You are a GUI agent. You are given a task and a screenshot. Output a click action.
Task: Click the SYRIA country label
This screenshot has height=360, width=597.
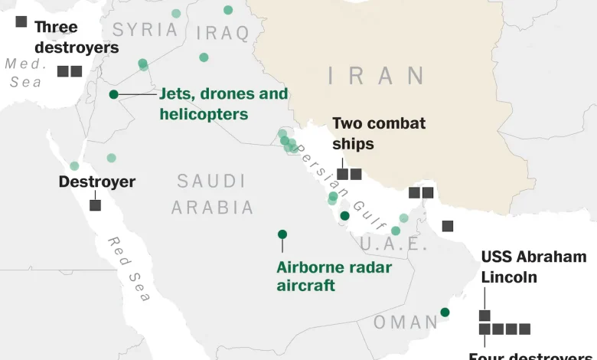[145, 31]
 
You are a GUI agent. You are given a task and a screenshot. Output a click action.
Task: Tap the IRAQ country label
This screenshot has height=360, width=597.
[223, 33]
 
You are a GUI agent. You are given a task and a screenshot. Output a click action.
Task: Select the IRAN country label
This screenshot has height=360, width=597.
[377, 76]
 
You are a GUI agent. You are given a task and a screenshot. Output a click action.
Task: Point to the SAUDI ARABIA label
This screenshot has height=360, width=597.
[212, 194]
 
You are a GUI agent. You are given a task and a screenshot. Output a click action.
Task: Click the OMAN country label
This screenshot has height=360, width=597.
[406, 322]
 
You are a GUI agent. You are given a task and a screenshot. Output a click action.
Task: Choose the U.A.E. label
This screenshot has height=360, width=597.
[393, 244]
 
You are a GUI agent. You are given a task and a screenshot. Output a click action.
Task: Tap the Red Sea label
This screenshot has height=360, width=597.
[128, 269]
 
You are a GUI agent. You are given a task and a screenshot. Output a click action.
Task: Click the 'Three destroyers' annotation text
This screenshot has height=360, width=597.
[77, 37]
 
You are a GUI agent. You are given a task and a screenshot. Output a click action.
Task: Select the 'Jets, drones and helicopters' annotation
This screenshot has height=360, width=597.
[223, 103]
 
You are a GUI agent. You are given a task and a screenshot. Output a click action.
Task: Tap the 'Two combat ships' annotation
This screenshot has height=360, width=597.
[379, 133]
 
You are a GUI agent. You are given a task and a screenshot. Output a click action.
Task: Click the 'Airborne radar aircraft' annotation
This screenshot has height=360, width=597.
[334, 276]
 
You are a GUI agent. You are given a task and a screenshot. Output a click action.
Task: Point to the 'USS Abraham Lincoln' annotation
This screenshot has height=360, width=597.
[533, 266]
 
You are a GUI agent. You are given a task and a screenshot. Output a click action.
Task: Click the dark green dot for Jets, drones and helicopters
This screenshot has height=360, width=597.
[113, 94]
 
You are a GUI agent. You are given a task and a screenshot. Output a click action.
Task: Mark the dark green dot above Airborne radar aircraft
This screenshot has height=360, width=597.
[282, 234]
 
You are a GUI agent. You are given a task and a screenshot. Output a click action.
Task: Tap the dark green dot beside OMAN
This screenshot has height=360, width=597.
[445, 312]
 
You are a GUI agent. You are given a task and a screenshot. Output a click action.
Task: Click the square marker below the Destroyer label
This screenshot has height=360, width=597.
[95, 205]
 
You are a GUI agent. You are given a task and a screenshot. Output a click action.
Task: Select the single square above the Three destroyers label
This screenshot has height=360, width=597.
[21, 21]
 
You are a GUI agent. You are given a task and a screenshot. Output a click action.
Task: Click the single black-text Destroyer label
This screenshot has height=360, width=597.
[97, 182]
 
